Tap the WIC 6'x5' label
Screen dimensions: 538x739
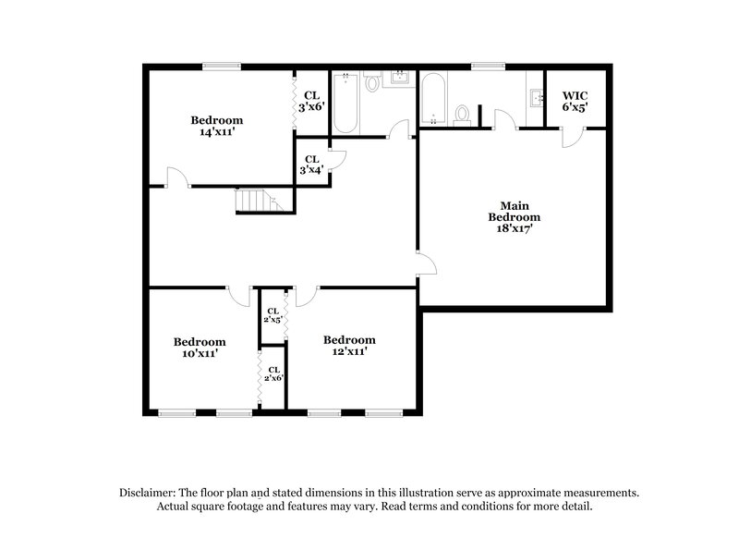[574, 101]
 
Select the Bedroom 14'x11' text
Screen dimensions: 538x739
[217, 126]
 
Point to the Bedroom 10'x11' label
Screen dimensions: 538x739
[200, 347]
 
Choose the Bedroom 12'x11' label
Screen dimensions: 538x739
[350, 345]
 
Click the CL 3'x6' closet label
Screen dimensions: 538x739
[310, 100]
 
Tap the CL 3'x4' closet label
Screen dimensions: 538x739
[310, 164]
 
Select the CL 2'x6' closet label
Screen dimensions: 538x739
[273, 373]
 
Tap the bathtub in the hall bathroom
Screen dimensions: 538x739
[345, 102]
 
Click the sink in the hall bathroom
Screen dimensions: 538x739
[401, 79]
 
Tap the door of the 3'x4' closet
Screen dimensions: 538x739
[337, 159]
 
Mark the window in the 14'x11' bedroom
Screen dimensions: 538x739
[222, 66]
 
